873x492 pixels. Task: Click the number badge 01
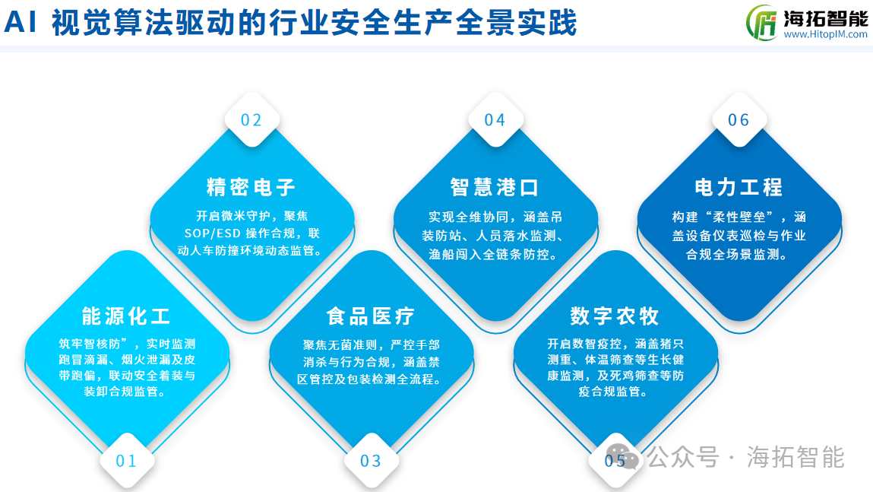pyautogui.click(x=126, y=461)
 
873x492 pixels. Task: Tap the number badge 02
pyautogui.click(x=251, y=120)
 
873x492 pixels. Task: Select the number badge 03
pyautogui.click(x=371, y=461)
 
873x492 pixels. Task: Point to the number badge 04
pyautogui.click(x=495, y=120)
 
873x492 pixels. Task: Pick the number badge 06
pyautogui.click(x=739, y=120)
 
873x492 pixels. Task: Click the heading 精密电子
pyautogui.click(x=251, y=187)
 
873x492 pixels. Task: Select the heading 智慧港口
pyautogui.click(x=495, y=187)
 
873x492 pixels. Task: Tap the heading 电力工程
pyautogui.click(x=739, y=187)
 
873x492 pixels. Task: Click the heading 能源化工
pyautogui.click(x=126, y=316)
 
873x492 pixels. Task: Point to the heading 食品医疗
pyautogui.click(x=371, y=316)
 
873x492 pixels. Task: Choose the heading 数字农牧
pyautogui.click(x=615, y=316)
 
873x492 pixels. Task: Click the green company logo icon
pyautogui.click(x=761, y=23)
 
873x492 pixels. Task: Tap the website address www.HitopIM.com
pyautogui.click(x=826, y=34)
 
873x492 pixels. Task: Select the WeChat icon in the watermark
pyautogui.click(x=622, y=457)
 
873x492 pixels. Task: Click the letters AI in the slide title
pyautogui.click(x=21, y=23)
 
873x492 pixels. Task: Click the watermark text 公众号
pyautogui.click(x=683, y=457)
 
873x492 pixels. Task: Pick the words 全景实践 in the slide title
pyautogui.click(x=516, y=23)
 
